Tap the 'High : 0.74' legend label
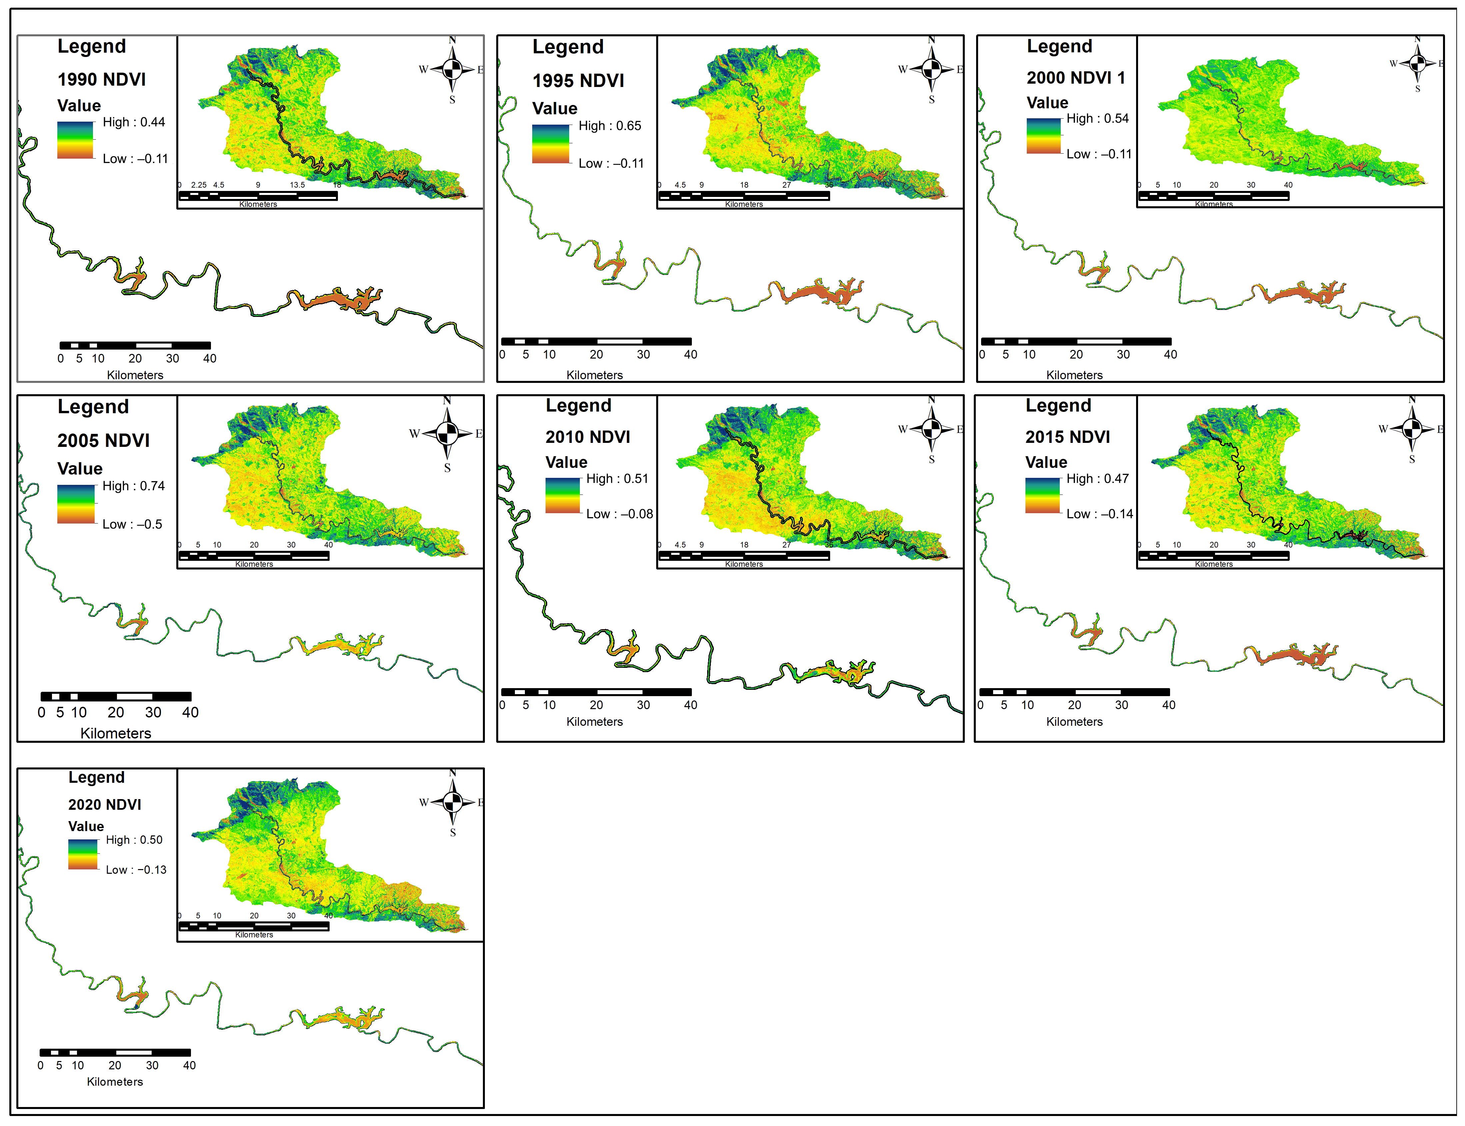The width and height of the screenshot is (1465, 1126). pyautogui.click(x=133, y=486)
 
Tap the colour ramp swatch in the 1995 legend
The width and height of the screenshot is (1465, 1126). pyautogui.click(x=550, y=144)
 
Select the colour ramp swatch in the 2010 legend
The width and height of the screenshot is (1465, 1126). pyautogui.click(x=562, y=496)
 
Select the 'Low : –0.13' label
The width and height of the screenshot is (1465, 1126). pyautogui.click(x=136, y=870)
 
